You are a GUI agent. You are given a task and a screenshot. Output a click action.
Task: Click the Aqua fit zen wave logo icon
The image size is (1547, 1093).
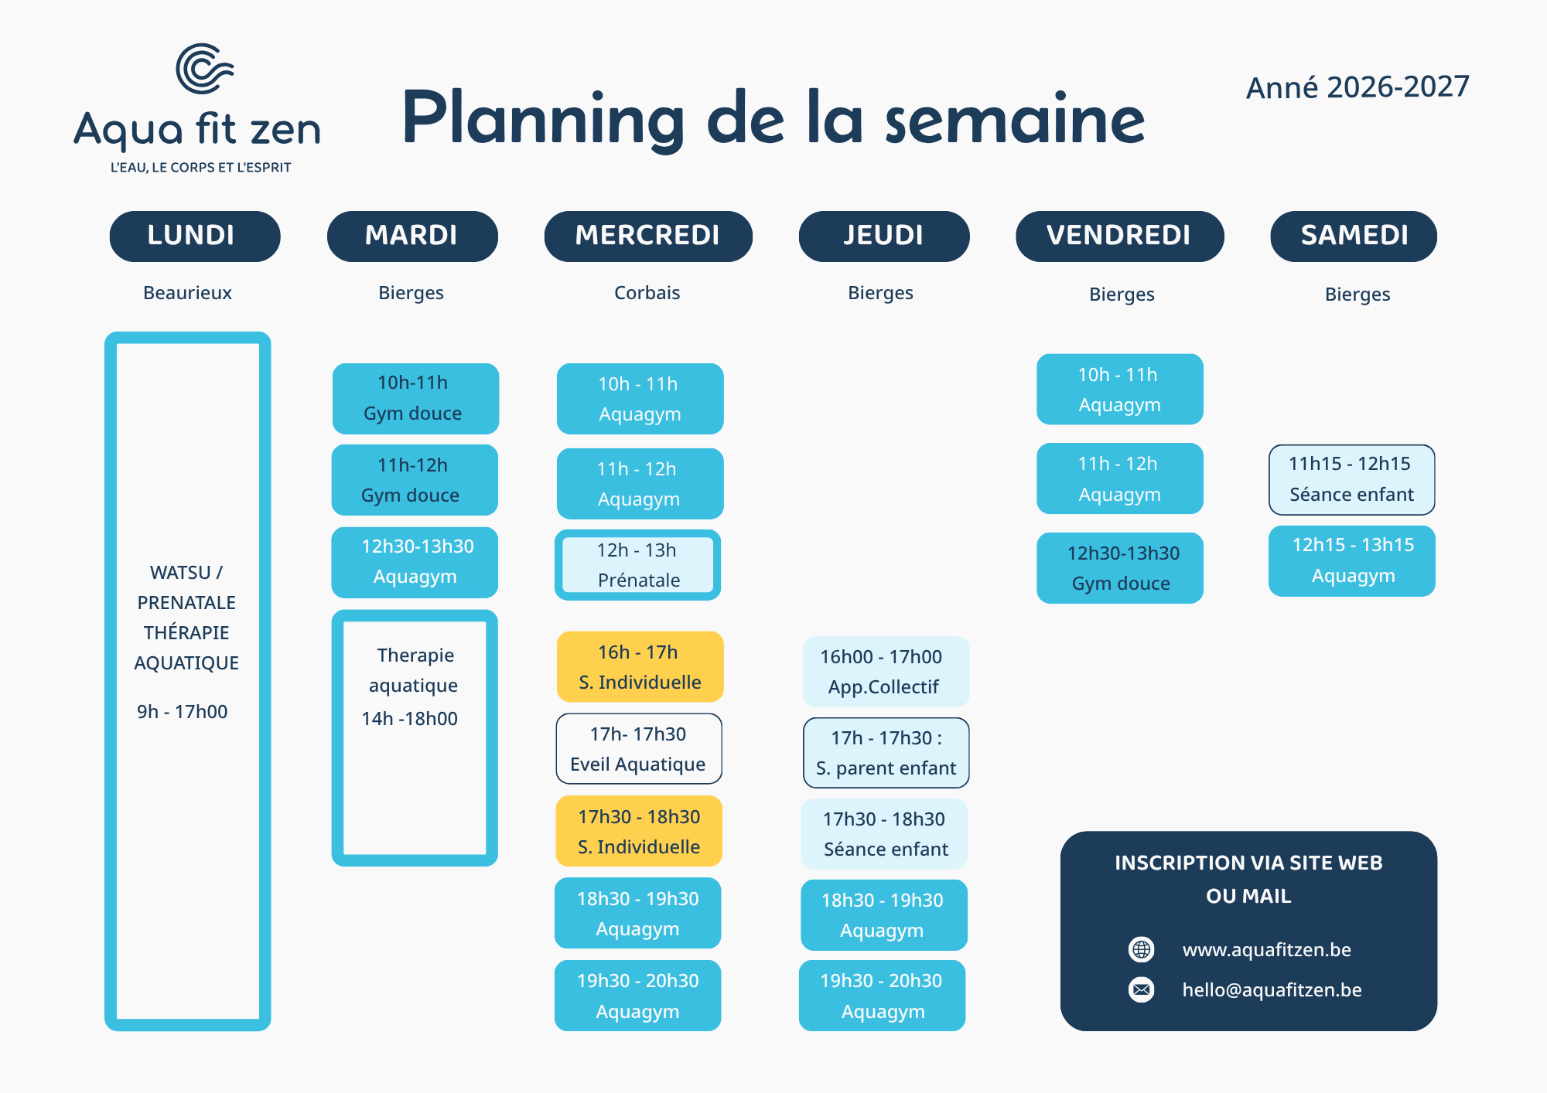(204, 68)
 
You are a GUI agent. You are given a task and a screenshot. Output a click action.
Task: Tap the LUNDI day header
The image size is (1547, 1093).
(195, 236)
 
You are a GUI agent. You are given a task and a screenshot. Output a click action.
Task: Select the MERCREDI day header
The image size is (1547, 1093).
(648, 236)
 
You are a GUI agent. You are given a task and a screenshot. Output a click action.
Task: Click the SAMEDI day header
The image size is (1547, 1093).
(1354, 236)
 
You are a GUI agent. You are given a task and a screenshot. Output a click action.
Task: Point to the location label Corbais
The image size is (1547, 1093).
(647, 293)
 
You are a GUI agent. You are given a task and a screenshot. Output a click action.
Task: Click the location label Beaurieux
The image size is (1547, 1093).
(187, 293)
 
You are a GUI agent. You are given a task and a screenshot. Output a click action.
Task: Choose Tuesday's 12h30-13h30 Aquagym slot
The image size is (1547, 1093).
(415, 562)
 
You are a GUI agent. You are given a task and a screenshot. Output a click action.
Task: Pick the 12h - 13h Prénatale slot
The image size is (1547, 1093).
(638, 565)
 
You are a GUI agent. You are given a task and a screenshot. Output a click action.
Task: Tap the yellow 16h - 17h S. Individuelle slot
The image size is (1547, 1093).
(640, 667)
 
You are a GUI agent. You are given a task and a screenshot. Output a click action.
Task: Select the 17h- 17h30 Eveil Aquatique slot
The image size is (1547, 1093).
(639, 749)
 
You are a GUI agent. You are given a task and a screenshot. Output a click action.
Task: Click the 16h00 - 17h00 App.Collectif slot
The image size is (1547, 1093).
(886, 672)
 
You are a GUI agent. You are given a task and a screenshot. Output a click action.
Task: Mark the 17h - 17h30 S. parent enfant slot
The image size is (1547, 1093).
(886, 753)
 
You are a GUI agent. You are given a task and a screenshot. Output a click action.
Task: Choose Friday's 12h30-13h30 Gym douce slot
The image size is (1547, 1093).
(1120, 568)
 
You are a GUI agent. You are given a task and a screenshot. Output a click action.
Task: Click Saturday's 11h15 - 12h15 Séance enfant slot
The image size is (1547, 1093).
(1352, 479)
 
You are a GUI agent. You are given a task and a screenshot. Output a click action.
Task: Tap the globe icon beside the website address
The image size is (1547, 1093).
(1142, 949)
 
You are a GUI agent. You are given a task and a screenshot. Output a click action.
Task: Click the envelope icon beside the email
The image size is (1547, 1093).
(1142, 989)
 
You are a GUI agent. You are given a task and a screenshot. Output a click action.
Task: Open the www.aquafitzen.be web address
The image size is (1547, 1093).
(1267, 950)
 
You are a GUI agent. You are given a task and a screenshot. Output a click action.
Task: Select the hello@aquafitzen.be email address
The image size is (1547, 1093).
(1272, 990)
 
